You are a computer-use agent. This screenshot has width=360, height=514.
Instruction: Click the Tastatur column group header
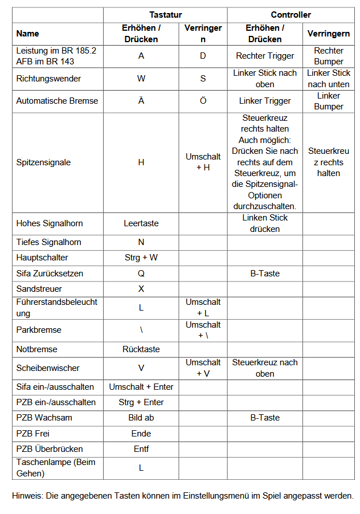[165, 15]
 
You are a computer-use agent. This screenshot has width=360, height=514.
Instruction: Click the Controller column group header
[291, 15]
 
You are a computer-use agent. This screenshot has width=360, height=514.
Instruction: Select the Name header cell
[27, 34]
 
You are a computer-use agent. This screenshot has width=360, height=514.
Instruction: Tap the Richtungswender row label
[48, 79]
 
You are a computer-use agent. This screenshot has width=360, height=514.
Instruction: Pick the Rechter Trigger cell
[265, 56]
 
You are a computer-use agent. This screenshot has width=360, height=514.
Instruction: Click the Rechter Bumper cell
[329, 56]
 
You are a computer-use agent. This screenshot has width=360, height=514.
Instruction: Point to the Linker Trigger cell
[265, 101]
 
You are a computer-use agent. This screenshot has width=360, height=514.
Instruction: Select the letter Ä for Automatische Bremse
[141, 101]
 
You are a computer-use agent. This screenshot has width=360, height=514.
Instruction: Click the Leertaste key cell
[141, 223]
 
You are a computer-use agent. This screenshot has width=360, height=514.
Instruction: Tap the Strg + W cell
[141, 258]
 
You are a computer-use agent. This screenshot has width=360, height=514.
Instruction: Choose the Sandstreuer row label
[39, 289]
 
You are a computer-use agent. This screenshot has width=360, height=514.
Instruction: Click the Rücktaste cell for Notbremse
[141, 349]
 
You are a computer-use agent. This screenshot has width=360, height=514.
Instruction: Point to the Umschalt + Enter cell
[141, 387]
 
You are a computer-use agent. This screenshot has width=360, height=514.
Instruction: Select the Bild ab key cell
[141, 418]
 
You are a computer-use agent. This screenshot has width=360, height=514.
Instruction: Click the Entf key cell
[141, 449]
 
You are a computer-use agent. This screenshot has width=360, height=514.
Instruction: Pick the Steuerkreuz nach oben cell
[265, 368]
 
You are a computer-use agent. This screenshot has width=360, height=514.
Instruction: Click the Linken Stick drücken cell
[265, 223]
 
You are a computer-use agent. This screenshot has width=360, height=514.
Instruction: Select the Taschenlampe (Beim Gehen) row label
[56, 468]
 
